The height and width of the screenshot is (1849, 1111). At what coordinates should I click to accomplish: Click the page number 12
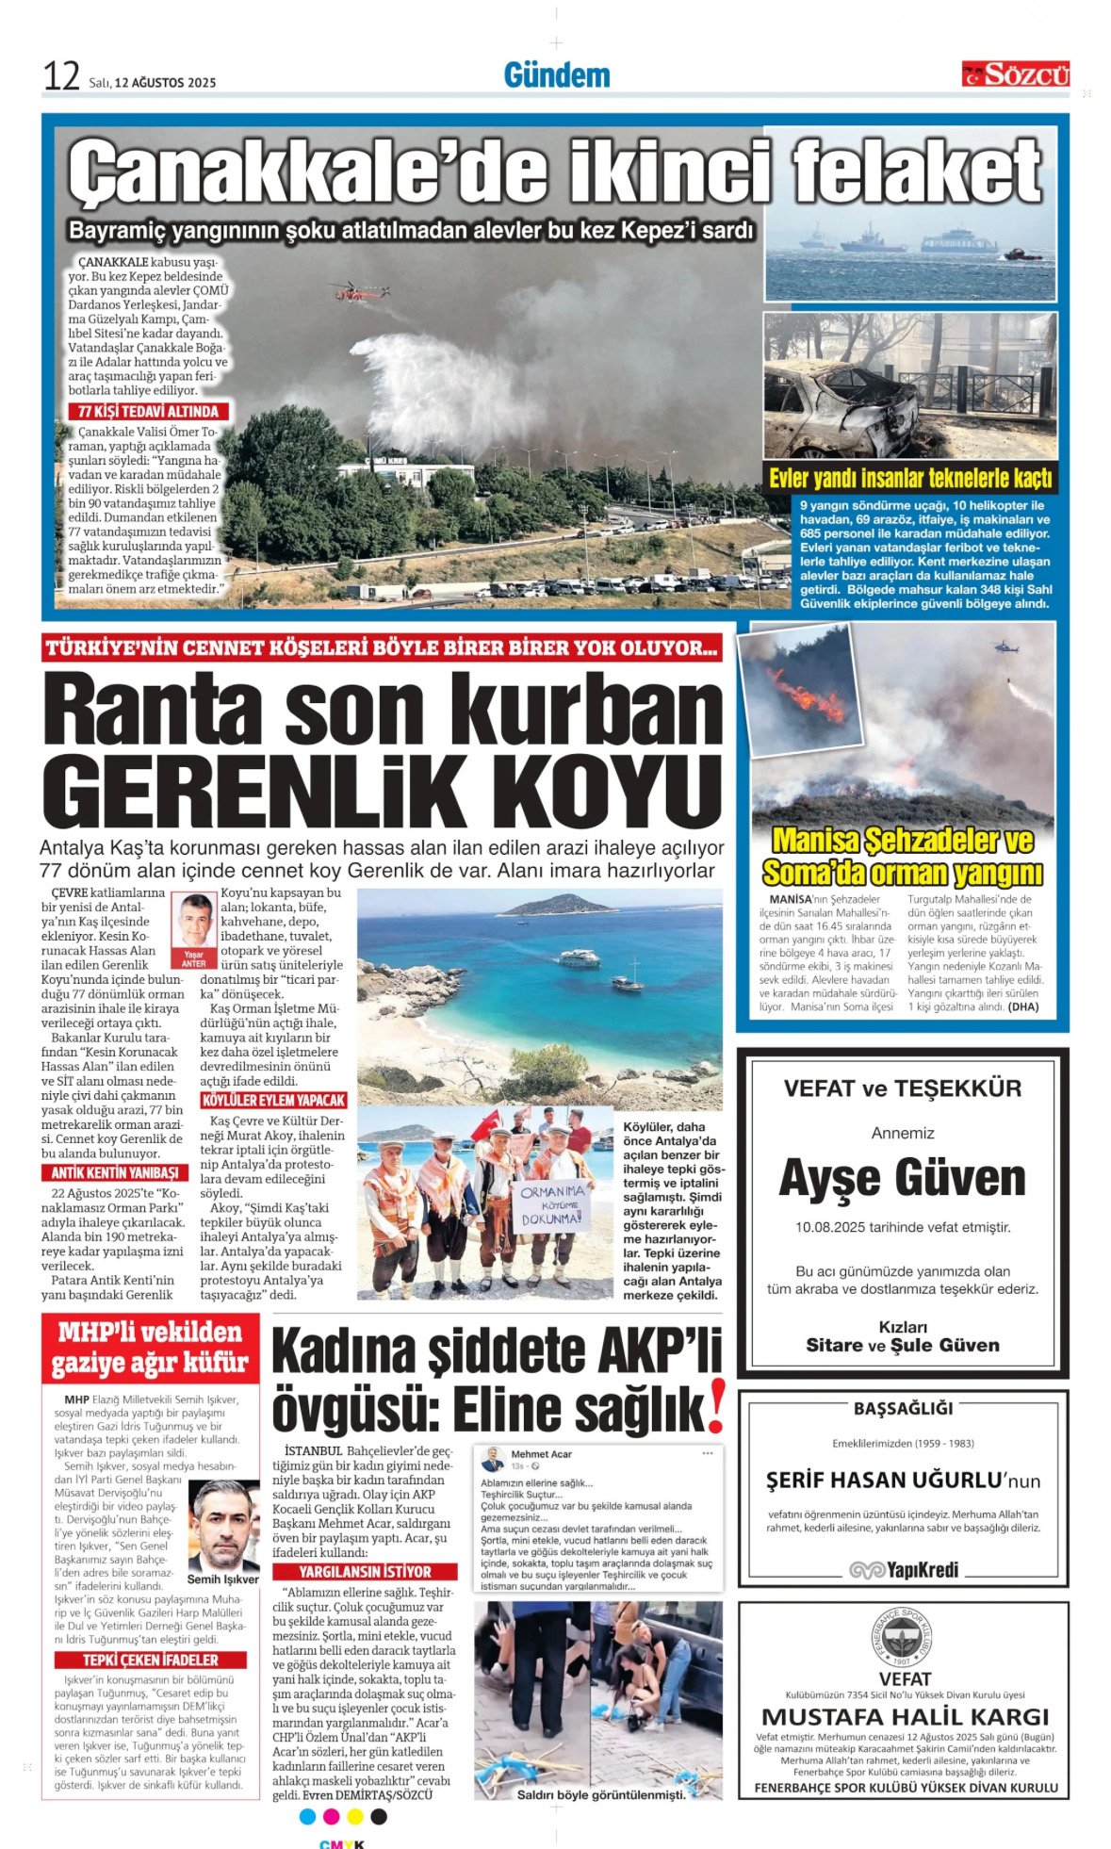point(61,76)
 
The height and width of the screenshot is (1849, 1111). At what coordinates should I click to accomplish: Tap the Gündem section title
point(556,75)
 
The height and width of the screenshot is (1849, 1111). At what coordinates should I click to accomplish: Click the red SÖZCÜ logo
point(1015,74)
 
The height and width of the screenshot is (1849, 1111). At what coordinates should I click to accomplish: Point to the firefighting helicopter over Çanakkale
point(361,291)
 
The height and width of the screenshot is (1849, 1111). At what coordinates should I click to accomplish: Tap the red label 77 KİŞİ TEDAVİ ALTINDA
point(148,412)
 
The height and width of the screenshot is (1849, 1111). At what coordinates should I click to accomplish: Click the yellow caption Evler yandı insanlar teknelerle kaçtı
point(909,478)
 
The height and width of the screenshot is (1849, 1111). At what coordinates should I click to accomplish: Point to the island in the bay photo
point(558,906)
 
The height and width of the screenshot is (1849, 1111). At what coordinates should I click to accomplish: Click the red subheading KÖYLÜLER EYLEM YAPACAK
point(273,1100)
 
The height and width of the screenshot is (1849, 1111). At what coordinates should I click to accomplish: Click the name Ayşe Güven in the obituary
point(902,1178)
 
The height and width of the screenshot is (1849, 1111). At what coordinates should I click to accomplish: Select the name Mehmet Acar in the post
point(541,1454)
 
